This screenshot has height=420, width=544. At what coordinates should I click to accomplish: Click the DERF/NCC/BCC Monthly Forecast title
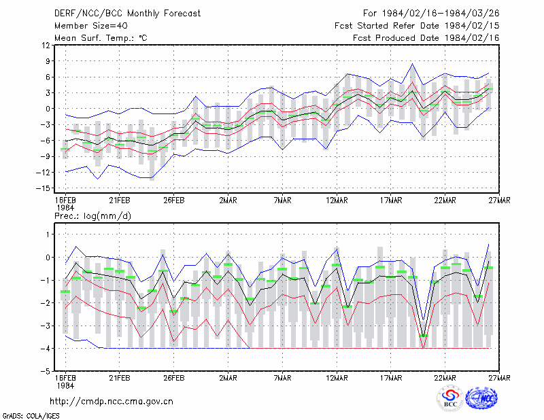127,14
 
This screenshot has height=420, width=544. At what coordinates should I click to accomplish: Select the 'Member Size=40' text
91,26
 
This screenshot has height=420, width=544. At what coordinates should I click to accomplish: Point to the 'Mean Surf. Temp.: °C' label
101,38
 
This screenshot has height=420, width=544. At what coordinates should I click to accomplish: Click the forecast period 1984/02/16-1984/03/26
431,14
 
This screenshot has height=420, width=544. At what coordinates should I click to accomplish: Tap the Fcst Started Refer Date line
417,26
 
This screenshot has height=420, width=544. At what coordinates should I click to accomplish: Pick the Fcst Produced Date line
426,38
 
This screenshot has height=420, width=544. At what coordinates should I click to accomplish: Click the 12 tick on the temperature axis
46,45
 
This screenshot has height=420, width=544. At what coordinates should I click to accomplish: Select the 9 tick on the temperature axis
48,61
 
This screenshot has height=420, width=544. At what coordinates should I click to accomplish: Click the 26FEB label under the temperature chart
174,200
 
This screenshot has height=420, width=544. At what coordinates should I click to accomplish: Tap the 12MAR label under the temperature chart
337,200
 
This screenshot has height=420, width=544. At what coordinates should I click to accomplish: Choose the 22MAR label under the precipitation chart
445,378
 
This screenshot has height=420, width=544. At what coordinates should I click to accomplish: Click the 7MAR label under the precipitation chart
282,378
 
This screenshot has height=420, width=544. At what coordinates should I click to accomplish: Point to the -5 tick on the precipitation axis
45,371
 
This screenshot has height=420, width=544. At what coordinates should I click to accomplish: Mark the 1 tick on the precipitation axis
48,234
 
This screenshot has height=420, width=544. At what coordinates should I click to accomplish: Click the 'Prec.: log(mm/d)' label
92,216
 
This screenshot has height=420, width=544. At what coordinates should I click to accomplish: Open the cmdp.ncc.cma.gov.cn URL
112,401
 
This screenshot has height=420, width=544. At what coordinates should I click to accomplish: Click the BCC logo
450,399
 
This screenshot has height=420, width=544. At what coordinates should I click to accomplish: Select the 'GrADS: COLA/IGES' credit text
31,416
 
